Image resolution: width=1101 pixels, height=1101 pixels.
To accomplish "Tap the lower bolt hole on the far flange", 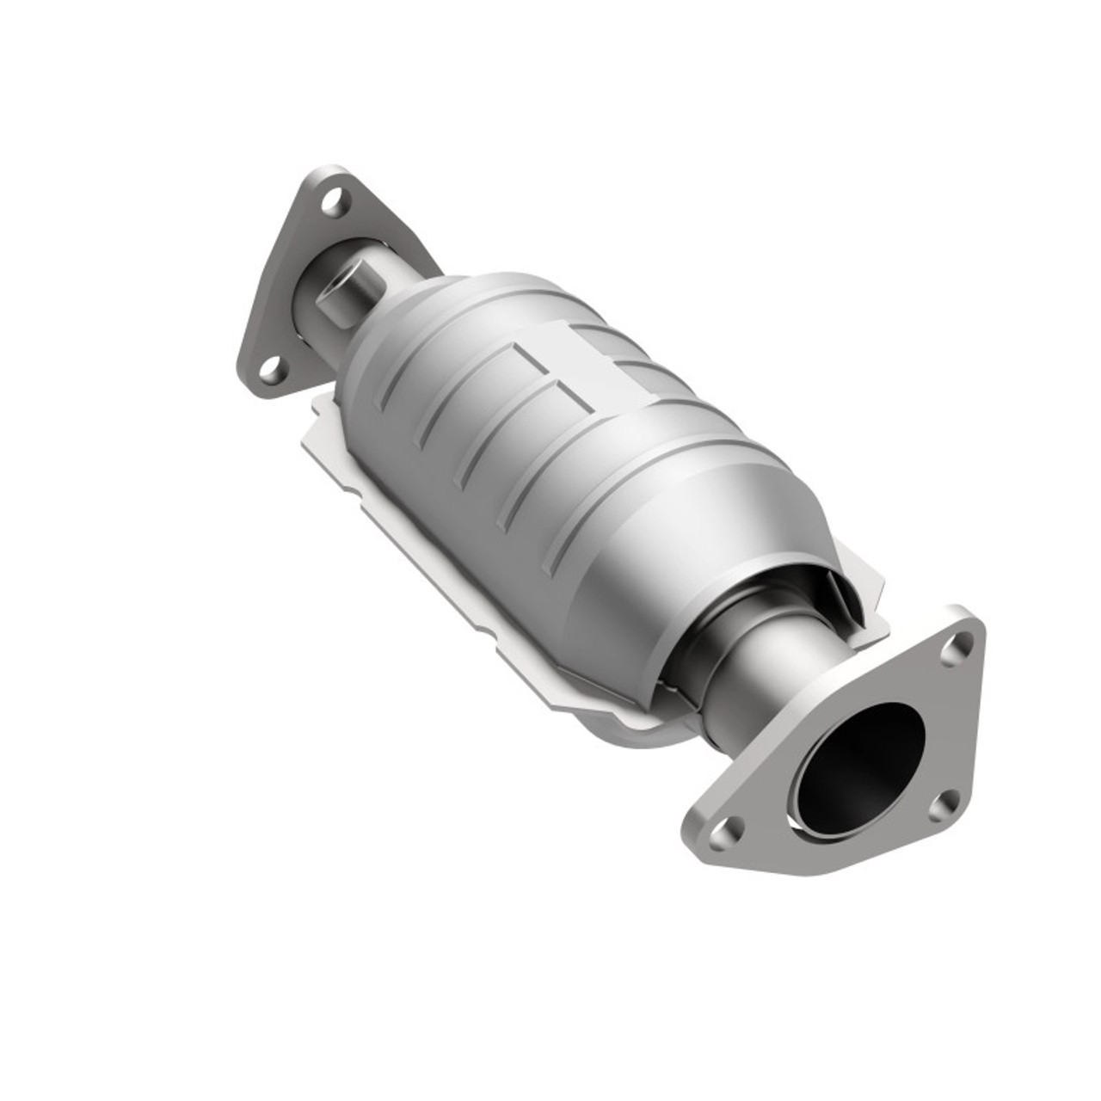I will click(x=271, y=372).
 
